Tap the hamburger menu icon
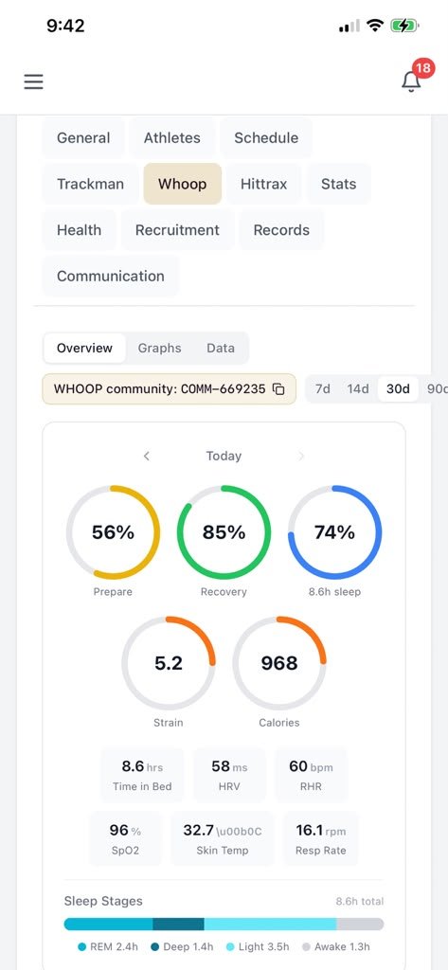[x=33, y=81]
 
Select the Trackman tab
[x=90, y=184]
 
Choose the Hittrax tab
[x=263, y=184]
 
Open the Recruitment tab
[x=178, y=230]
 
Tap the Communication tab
[x=111, y=276]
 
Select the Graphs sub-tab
[x=160, y=348]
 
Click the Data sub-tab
[x=221, y=348]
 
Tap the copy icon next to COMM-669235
[x=279, y=389]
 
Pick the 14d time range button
[x=358, y=389]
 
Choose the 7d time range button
[x=323, y=389]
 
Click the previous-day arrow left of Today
[x=147, y=456]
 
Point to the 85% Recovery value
[x=224, y=532]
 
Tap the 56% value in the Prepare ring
[x=113, y=532]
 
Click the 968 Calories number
[x=279, y=663]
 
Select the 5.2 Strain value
[x=169, y=663]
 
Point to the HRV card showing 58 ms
[x=229, y=775]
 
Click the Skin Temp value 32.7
[x=199, y=830]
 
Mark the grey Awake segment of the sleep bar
[x=360, y=925]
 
